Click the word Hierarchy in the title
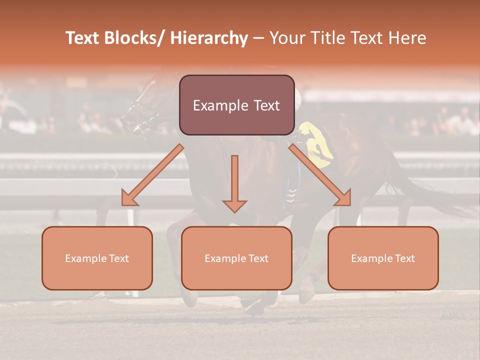pyautogui.click(x=209, y=38)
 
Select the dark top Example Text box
pyautogui.click(x=236, y=105)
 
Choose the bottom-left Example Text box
pyautogui.click(x=97, y=258)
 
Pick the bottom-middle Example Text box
pyautogui.click(x=236, y=258)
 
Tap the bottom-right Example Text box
pyautogui.click(x=383, y=258)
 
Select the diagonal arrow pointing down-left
pyautogui.click(x=152, y=175)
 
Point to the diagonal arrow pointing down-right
pyautogui.click(x=320, y=175)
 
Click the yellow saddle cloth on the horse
pyautogui.click(x=318, y=143)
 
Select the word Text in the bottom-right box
pyautogui.click(x=404, y=258)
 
